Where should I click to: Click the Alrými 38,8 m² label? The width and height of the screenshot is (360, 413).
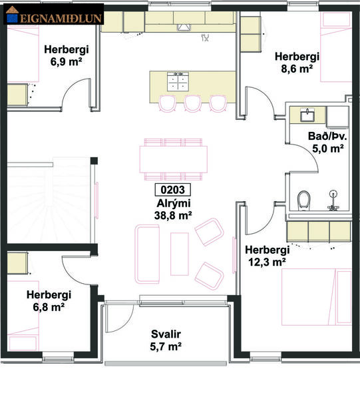(173, 209)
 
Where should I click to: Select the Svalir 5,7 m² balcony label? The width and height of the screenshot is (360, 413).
(166, 340)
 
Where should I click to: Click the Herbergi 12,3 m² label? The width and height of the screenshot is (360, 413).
(267, 256)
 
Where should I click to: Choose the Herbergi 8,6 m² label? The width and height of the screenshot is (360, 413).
(297, 62)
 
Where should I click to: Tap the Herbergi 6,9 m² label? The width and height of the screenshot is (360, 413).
(67, 55)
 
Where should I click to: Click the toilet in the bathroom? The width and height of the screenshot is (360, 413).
(305, 199)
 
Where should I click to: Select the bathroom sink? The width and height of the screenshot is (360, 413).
(307, 115)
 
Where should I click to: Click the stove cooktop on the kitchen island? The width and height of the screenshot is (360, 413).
(178, 81)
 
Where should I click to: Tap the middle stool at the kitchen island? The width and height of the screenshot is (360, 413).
(193, 103)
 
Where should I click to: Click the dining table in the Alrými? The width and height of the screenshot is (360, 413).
(173, 159)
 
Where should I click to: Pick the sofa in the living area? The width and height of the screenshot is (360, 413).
(147, 253)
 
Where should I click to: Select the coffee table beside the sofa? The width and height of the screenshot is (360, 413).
(179, 253)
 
